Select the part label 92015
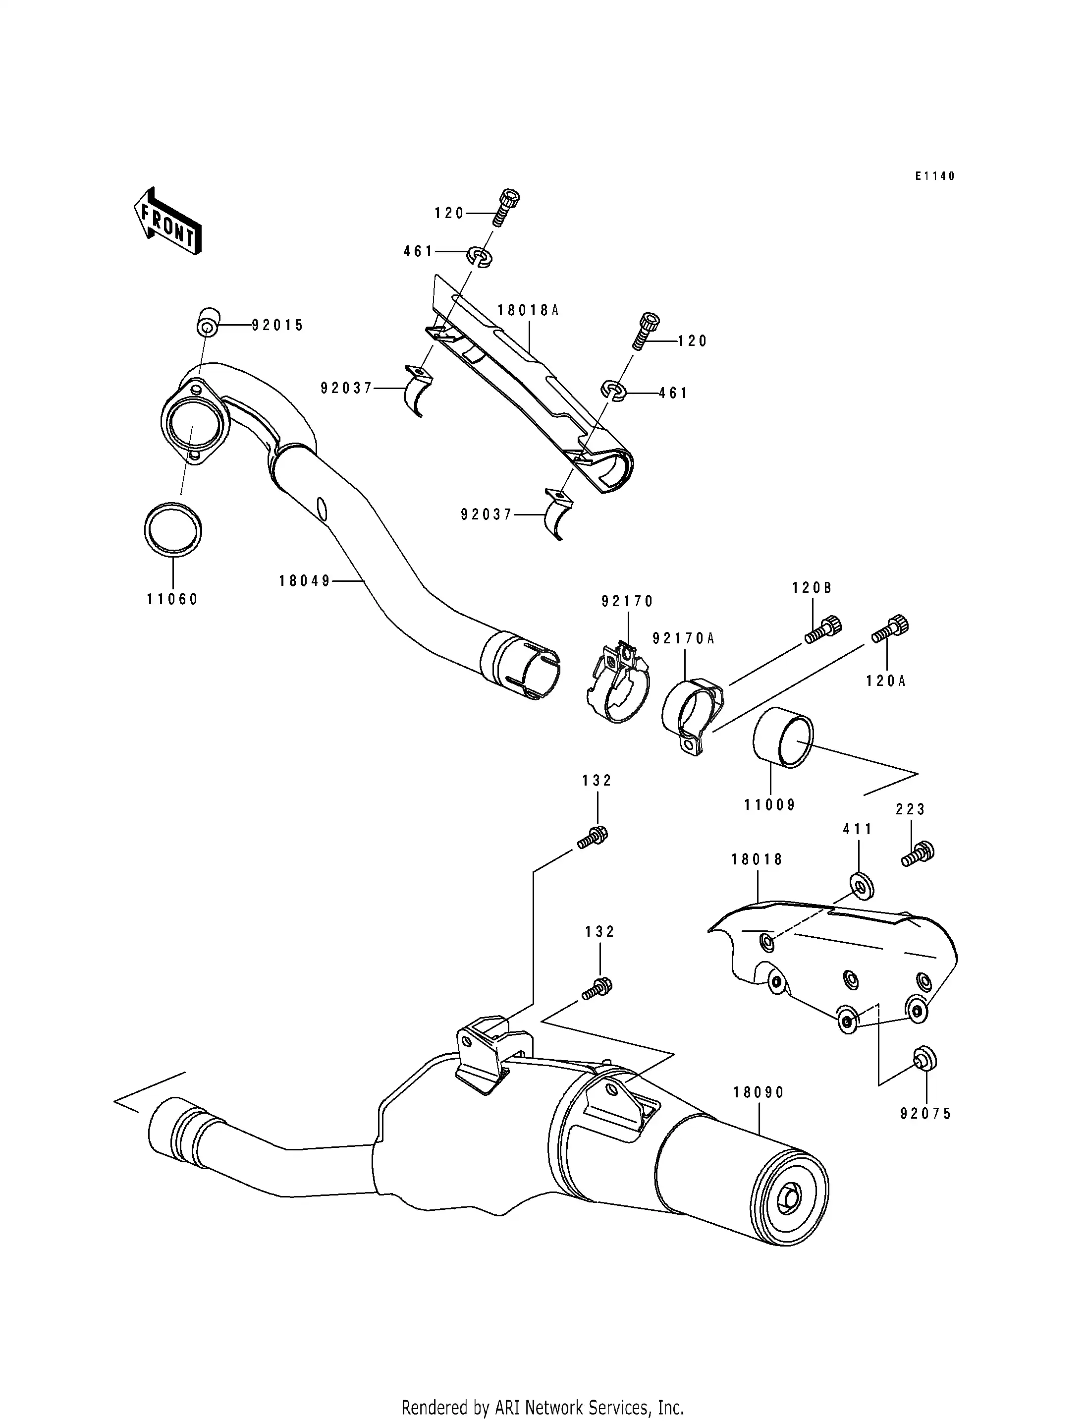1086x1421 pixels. point(277,325)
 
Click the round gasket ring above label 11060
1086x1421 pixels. point(172,529)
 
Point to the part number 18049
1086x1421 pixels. point(305,581)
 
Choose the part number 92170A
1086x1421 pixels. point(683,638)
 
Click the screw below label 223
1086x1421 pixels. point(917,855)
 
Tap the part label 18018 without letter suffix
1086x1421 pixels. point(757,859)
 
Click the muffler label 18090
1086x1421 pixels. point(758,1092)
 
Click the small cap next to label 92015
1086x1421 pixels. point(208,323)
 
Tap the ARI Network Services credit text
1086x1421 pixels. point(543,1389)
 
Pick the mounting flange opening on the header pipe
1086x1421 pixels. point(193,424)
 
